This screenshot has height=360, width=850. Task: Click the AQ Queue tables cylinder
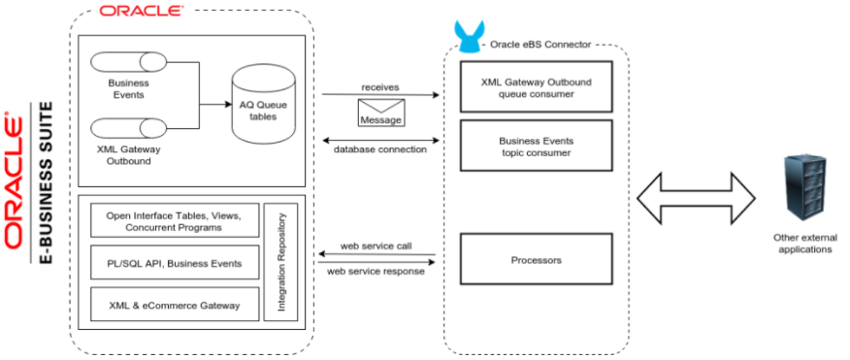click(257, 109)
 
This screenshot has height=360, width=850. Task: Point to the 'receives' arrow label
click(380, 86)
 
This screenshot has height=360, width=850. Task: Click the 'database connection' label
click(380, 149)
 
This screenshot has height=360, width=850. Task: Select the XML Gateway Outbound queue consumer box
click(536, 88)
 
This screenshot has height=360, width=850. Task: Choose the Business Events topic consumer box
click(536, 147)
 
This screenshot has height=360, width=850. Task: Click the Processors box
click(536, 260)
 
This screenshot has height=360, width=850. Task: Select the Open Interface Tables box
click(175, 220)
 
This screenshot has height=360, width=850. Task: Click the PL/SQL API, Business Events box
click(175, 263)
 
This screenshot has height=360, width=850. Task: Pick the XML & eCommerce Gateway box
click(175, 305)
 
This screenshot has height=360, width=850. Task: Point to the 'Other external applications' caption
click(804, 244)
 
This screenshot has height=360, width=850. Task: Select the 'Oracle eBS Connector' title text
click(540, 45)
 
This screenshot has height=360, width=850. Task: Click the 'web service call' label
click(376, 246)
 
